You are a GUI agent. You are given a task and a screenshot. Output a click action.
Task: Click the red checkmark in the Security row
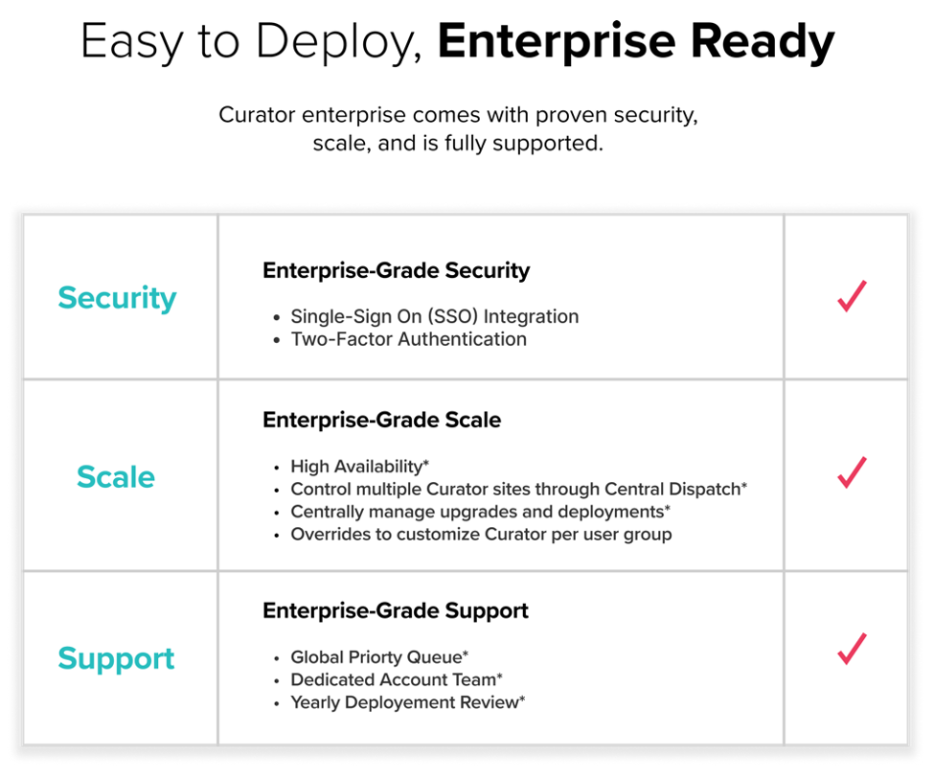coord(852,296)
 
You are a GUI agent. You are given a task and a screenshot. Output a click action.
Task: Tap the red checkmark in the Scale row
coord(852,472)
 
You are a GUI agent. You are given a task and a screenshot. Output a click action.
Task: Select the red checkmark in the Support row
coord(852,649)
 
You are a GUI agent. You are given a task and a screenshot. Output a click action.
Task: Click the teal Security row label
coord(117,297)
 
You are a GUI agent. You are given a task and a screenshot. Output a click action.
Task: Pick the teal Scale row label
coord(116,477)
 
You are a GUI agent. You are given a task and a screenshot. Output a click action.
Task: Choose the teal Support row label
coord(116,659)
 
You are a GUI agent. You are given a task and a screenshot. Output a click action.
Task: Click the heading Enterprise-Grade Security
coord(397,270)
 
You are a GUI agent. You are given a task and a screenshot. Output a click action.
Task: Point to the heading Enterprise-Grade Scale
coord(382,420)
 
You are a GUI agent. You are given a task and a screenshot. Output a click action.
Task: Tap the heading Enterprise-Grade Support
coord(396,611)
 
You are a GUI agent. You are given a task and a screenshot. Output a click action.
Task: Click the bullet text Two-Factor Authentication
coord(409,339)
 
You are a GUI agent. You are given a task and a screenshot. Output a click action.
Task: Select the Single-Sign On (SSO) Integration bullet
coord(435,316)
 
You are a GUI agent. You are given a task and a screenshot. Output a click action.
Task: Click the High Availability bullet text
coord(360,466)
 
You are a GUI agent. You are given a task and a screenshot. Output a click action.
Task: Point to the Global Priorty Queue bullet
coord(379,656)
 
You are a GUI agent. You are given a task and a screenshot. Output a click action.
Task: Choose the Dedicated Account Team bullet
coord(397,679)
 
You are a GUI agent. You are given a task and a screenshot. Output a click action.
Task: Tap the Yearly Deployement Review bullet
coord(408,702)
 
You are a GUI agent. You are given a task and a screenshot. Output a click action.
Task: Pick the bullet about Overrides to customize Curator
coord(481,534)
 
